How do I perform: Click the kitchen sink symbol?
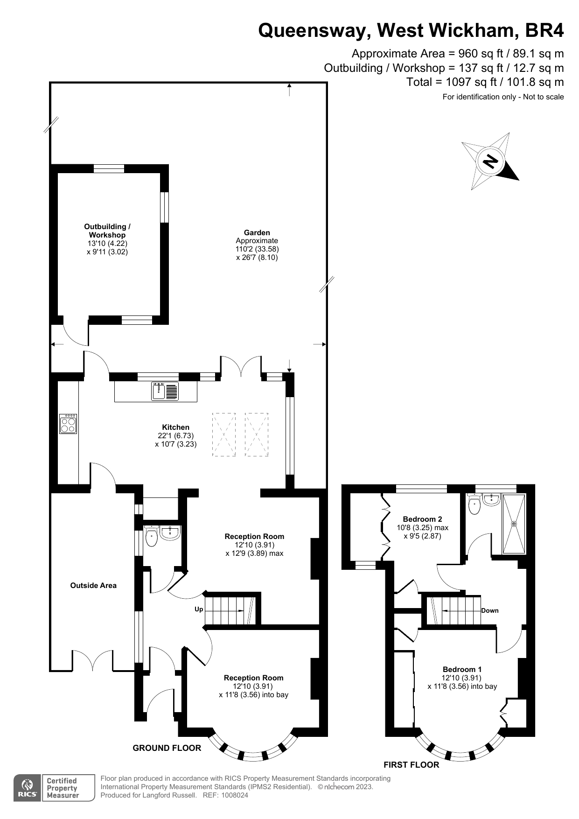pyautogui.click(x=165, y=391)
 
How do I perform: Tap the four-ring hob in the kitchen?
pyautogui.click(x=68, y=424)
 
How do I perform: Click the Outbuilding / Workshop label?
pyautogui.click(x=107, y=231)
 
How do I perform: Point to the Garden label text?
pyautogui.click(x=257, y=232)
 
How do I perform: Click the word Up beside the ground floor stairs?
pyautogui.click(x=199, y=609)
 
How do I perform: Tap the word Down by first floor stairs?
pyautogui.click(x=489, y=610)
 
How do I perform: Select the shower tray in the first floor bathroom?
pyautogui.click(x=514, y=524)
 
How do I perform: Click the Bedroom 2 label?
pyautogui.click(x=422, y=519)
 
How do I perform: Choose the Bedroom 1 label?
pyautogui.click(x=462, y=669)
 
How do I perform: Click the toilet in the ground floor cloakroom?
pyautogui.click(x=152, y=536)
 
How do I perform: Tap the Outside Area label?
pyautogui.click(x=93, y=585)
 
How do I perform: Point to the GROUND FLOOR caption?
pyautogui.click(x=167, y=748)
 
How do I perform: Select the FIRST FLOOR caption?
pyautogui.click(x=411, y=765)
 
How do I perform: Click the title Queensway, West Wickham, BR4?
pyautogui.click(x=411, y=30)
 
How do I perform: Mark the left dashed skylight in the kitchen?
pyautogui.click(x=224, y=434)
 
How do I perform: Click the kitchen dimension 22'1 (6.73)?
pyautogui.click(x=175, y=435)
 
